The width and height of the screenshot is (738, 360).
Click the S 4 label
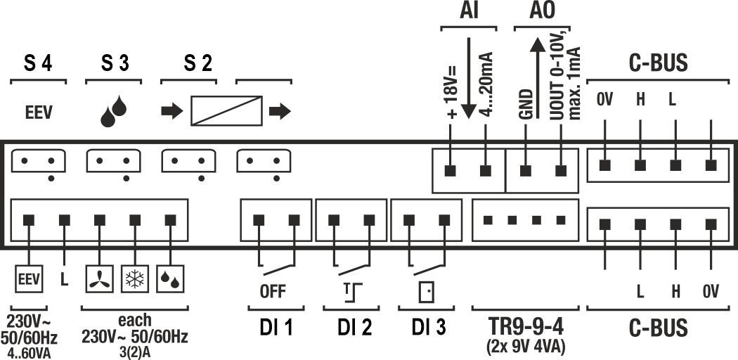38,64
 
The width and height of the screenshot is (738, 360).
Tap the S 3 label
113,64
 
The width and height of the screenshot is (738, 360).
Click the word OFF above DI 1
273,292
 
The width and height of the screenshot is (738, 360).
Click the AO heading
541,11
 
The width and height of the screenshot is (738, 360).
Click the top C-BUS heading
658,64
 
